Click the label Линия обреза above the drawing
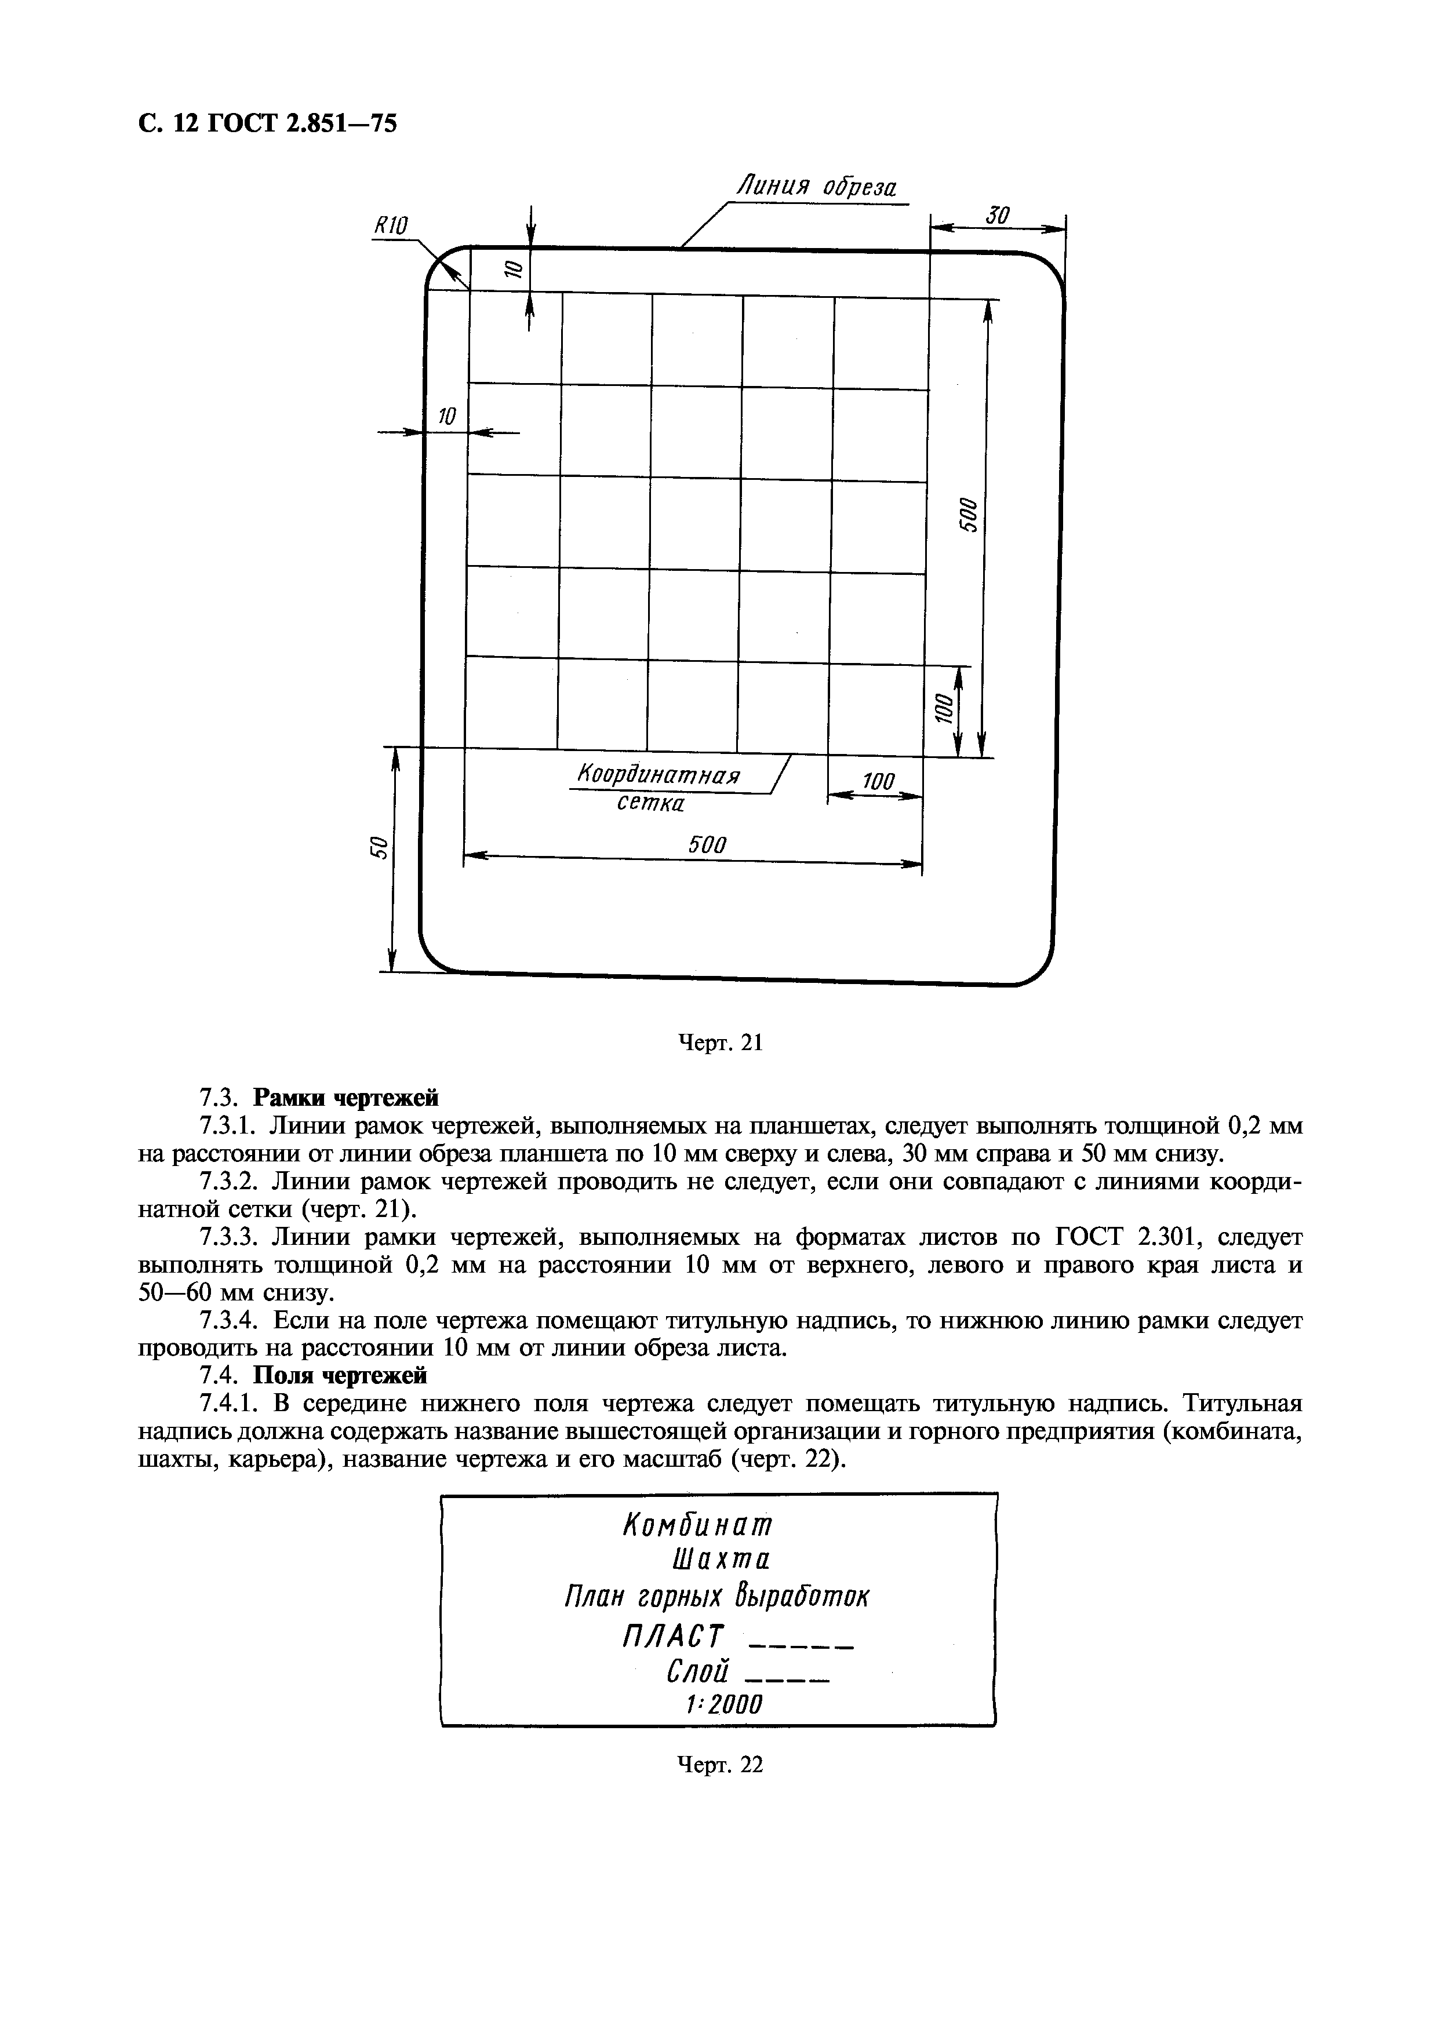(816, 188)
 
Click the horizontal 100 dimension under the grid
(878, 781)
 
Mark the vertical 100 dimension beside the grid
(944, 708)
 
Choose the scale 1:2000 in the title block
(723, 1704)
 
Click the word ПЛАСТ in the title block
(673, 1634)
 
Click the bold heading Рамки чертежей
(346, 1099)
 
